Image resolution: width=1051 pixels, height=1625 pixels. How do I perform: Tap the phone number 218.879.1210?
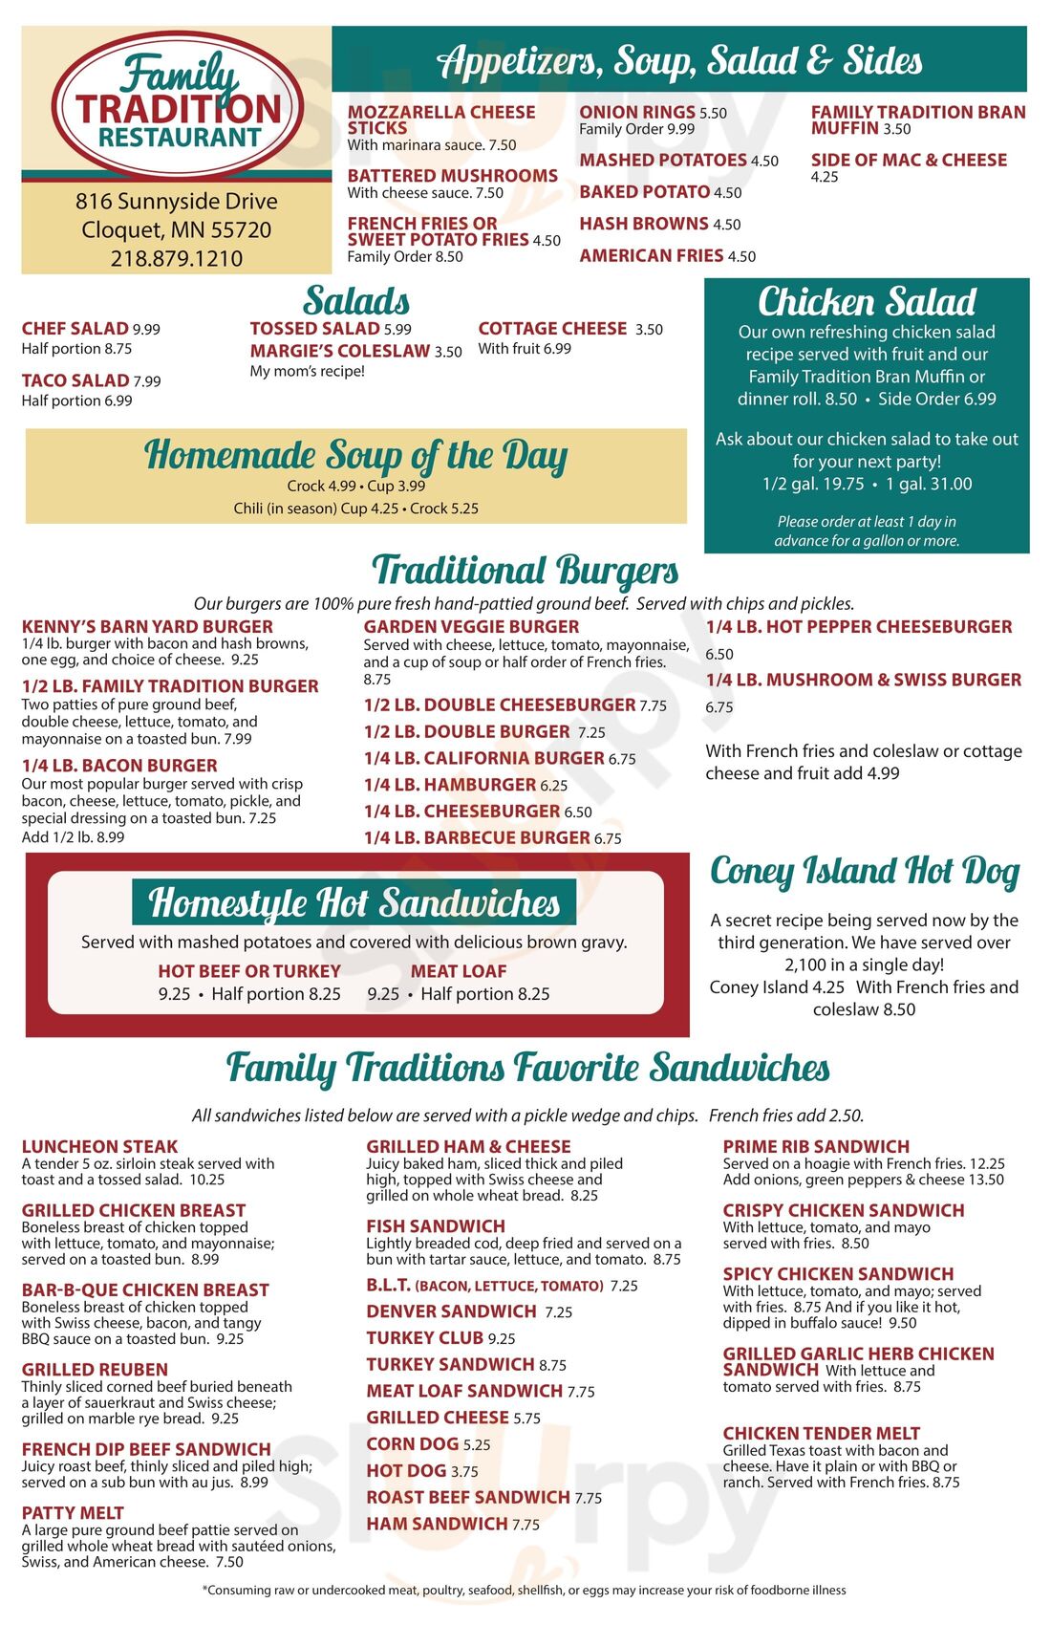point(177,258)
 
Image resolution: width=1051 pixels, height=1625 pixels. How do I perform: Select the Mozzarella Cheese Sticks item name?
point(440,119)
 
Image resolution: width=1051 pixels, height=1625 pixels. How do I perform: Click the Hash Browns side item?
point(644,224)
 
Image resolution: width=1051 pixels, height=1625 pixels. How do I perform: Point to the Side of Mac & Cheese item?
point(909,160)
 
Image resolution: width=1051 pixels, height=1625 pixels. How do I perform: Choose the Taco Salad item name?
point(75,380)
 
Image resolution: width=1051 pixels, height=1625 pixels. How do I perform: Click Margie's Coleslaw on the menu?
point(339,351)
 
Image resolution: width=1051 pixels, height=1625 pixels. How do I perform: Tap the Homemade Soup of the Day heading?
point(355,456)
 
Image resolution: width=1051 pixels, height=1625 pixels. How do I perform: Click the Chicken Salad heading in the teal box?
point(867,302)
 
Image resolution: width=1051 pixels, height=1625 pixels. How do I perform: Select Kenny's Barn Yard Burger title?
point(147,626)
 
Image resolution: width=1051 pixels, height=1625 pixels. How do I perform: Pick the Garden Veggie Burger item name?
point(471,626)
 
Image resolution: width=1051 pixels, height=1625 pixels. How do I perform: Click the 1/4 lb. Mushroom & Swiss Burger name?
point(864,680)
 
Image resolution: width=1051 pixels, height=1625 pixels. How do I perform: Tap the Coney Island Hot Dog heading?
point(865,871)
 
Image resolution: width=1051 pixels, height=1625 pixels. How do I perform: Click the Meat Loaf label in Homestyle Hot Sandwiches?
point(459,971)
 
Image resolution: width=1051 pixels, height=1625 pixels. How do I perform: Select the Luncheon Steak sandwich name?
point(99,1146)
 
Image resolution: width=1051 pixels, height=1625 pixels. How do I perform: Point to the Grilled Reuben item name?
point(95,1370)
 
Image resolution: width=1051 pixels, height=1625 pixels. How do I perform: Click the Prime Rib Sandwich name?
point(816,1146)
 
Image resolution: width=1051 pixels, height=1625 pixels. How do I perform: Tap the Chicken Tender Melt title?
point(821,1433)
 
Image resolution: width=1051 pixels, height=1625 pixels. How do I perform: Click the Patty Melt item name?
point(73,1513)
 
